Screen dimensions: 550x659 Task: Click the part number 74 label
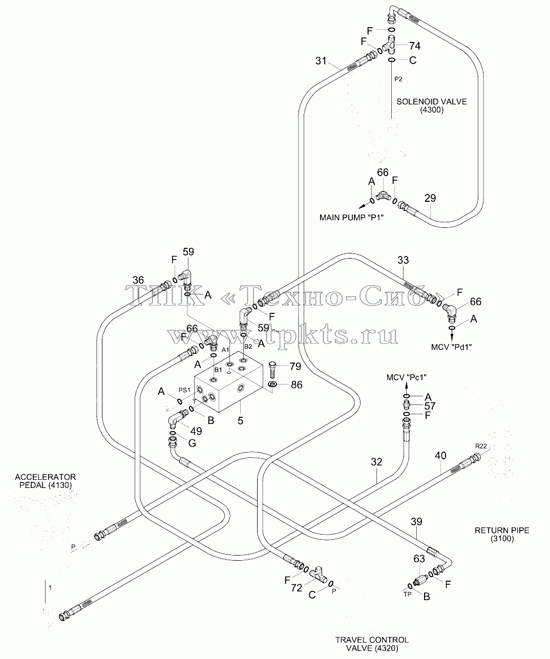click(415, 46)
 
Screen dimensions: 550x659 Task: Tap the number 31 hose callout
click(321, 60)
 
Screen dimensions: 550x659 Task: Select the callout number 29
click(430, 198)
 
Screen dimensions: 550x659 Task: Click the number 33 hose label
click(403, 260)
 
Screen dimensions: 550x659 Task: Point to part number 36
click(138, 280)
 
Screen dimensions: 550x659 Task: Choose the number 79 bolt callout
click(295, 367)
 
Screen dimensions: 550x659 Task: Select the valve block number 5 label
click(241, 421)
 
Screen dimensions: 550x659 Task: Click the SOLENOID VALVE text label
click(432, 101)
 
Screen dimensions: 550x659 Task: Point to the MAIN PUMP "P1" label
click(351, 218)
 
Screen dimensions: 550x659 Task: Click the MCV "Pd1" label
click(452, 347)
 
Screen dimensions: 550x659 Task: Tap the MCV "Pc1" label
click(407, 377)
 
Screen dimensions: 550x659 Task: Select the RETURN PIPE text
click(502, 530)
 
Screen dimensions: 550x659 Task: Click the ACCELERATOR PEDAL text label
click(46, 481)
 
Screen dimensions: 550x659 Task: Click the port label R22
click(481, 446)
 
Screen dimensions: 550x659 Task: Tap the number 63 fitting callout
click(419, 559)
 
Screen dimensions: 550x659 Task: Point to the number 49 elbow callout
click(196, 431)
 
